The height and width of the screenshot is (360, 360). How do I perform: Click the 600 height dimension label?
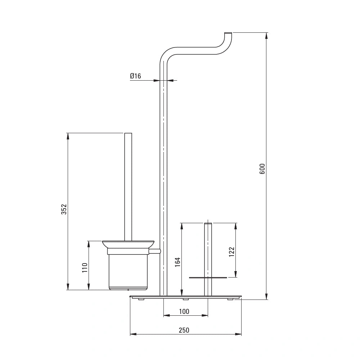(x=262, y=169)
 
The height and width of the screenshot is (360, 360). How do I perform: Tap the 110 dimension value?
(x=85, y=268)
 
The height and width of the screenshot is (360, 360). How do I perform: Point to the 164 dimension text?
(x=178, y=262)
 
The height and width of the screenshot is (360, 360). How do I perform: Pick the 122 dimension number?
(x=231, y=252)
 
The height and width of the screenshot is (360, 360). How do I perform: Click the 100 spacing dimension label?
(x=184, y=311)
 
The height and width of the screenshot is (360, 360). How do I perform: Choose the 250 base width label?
(x=184, y=330)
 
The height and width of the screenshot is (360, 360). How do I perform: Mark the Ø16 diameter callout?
(x=135, y=76)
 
